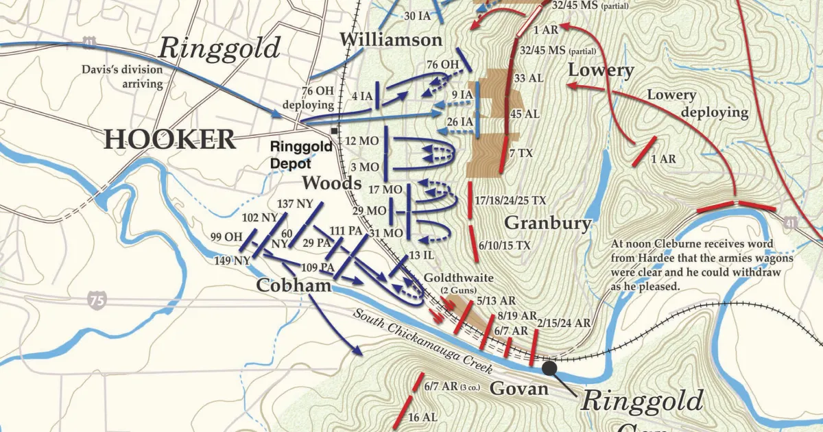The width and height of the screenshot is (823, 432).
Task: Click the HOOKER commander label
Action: click(169, 139)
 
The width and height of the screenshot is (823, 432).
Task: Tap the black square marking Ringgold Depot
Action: click(334, 130)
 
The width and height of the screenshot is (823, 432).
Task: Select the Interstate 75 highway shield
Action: click(97, 299)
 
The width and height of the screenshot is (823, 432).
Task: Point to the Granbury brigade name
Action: click(547, 223)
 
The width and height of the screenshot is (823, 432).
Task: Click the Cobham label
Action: click(294, 285)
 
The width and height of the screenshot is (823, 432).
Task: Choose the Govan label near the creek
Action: click(518, 389)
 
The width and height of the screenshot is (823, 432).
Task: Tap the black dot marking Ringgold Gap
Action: click(549, 368)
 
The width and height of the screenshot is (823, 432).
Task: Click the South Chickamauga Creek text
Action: click(423, 341)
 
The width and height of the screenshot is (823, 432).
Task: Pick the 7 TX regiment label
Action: click(521, 154)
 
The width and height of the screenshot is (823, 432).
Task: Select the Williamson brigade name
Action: click(390, 40)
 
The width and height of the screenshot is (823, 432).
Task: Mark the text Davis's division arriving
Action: click(123, 77)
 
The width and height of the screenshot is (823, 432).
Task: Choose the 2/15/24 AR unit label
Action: click(564, 322)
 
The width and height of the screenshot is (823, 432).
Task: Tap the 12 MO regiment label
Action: click(363, 141)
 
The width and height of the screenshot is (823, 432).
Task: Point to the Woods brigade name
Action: click(332, 183)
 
